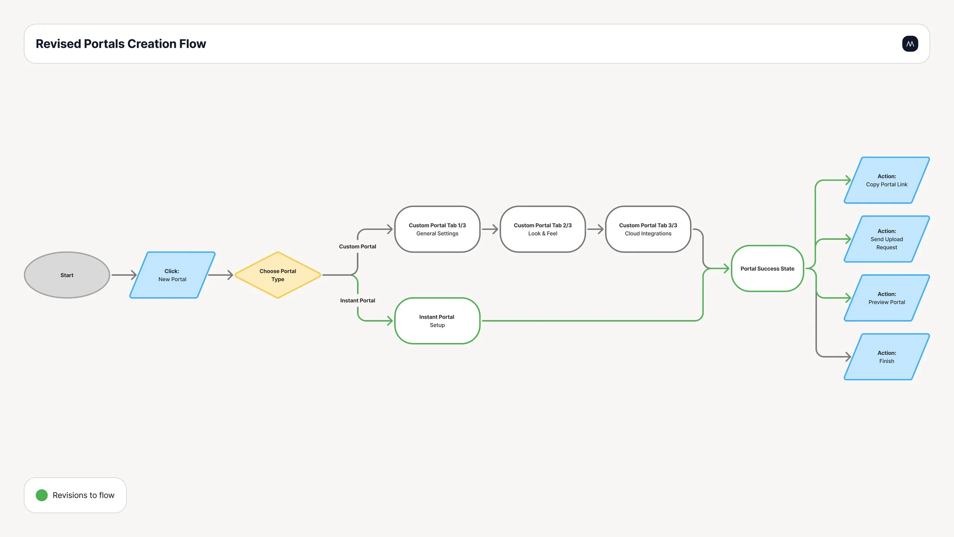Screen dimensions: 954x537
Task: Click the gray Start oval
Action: [67, 275]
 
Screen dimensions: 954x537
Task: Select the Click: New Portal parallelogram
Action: [172, 275]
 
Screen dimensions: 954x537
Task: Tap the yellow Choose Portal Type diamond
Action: [278, 275]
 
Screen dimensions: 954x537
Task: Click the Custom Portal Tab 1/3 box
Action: [437, 229]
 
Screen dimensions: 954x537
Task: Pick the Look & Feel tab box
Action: [543, 229]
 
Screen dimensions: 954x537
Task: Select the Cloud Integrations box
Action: [648, 229]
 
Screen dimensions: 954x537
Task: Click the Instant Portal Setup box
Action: [437, 321]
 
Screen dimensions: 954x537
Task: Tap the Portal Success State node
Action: [767, 268]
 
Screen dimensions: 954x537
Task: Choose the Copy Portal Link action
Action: [887, 180]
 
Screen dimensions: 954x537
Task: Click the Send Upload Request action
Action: [887, 239]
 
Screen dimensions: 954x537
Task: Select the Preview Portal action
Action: [887, 298]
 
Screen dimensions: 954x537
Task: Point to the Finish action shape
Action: [887, 357]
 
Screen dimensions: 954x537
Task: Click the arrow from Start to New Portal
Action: [124, 275]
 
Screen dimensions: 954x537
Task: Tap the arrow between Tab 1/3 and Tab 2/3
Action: [490, 229]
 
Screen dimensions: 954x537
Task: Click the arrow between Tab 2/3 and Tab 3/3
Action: [595, 229]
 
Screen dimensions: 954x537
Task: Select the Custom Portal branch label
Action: [358, 247]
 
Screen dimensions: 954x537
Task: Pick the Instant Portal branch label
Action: [358, 301]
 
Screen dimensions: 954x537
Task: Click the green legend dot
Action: [42, 495]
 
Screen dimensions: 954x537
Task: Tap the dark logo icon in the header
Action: [910, 44]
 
